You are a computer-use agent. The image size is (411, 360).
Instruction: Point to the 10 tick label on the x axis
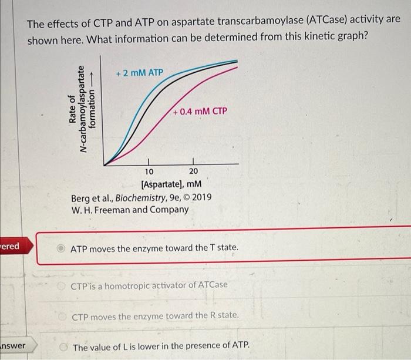click(149, 171)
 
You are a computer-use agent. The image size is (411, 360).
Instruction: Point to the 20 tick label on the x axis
click(194, 171)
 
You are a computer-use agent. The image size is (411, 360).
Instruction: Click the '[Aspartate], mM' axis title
click(168, 185)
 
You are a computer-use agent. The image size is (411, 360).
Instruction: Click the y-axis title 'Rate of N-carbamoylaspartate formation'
click(83, 109)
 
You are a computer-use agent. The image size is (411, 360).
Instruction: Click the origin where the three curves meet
click(105, 164)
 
